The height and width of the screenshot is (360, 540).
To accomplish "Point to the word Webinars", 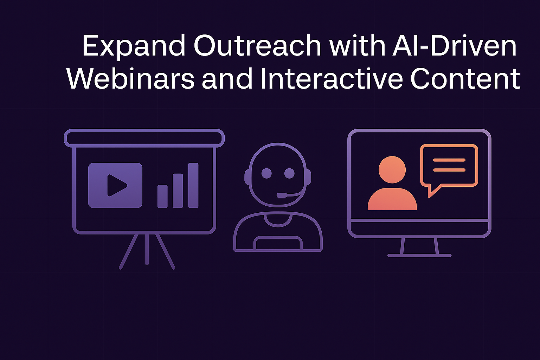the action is coord(130,79).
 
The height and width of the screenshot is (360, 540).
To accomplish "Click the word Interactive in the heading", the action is coord(332,79).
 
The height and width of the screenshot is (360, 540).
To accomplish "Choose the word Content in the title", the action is coord(465,79).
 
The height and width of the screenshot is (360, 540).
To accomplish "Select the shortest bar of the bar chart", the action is coord(162,196).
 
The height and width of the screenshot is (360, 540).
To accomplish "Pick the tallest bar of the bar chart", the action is coord(193,185).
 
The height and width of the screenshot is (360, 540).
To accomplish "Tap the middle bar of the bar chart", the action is coord(178,191).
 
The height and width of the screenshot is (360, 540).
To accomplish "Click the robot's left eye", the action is coord(266,173).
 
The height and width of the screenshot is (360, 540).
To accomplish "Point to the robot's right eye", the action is coord(289,173).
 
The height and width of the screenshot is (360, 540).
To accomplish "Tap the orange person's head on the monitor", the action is coord(392,170).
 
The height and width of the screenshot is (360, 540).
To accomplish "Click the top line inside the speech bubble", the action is coord(449,160).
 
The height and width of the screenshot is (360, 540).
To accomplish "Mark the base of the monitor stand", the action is coord(419,255).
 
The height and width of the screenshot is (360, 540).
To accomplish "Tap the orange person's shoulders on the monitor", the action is coord(392,199).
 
